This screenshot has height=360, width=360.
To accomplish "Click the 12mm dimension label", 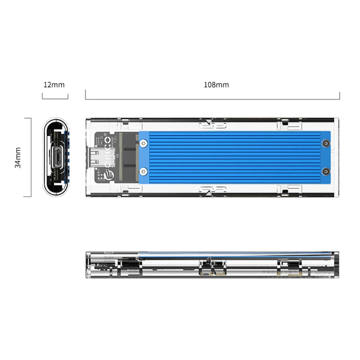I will coord(54,85).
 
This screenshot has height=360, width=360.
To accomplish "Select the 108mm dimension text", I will coord(216,85).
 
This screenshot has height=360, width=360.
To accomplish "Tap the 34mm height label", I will coord(18,157).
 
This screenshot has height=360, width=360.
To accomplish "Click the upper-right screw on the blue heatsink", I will coord(326,143).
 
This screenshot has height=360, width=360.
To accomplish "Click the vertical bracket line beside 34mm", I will coord(31,157).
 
